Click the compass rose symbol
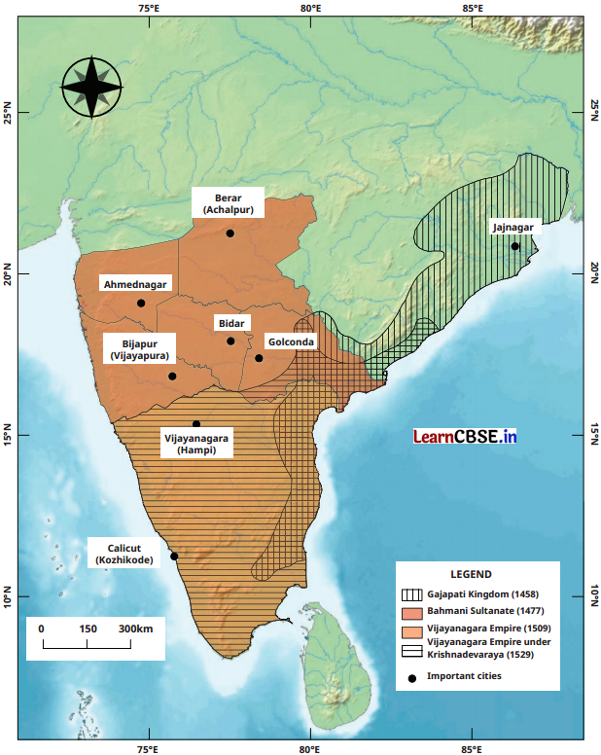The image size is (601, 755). coord(92,87)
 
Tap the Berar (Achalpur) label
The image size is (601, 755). coord(229,203)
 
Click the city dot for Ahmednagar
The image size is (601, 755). coord(141,303)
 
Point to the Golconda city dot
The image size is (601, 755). coord(259,358)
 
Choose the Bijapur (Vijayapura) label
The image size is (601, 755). coord(145,349)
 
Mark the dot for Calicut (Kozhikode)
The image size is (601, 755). coord(174,556)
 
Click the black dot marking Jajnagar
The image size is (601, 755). coord(515,246)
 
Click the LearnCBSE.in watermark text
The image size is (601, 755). coord(464,437)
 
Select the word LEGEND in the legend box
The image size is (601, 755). coord(472,575)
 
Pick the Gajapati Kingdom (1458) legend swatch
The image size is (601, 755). coord(410,594)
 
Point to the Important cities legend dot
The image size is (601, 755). coord(410,676)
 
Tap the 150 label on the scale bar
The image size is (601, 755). coord(88,629)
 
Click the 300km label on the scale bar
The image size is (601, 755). coord(135,629)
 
